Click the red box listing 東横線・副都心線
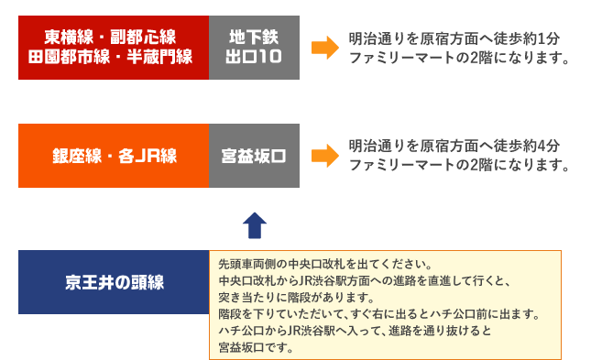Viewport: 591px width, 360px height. (114, 47)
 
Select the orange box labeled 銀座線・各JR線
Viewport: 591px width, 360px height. (114, 156)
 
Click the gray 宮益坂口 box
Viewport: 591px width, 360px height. (253, 156)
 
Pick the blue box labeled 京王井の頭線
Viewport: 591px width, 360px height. (114, 281)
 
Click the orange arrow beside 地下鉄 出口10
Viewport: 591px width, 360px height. (324, 48)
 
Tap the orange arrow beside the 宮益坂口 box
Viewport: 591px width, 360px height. (324, 156)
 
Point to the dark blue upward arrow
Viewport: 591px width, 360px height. (254, 224)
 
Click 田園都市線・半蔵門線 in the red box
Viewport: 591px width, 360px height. (114, 58)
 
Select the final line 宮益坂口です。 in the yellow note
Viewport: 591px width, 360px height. (256, 347)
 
